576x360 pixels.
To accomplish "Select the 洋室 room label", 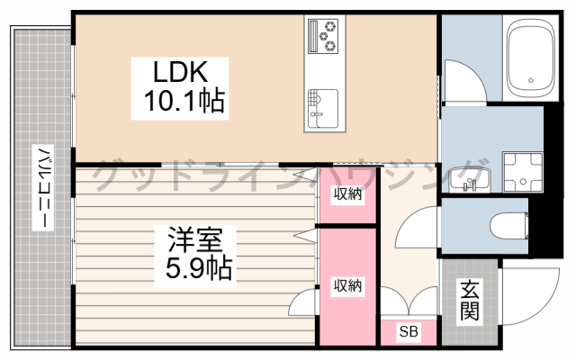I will pyautogui.click(x=195, y=239).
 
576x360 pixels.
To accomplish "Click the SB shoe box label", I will pyautogui.click(x=408, y=331).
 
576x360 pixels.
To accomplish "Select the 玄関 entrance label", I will pyautogui.click(x=469, y=301).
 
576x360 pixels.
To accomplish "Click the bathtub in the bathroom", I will pyautogui.click(x=531, y=61).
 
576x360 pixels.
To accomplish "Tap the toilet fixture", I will pyautogui.click(x=510, y=224).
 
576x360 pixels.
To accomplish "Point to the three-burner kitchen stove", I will pyautogui.click(x=324, y=36).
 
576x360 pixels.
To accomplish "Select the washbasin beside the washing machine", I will pyautogui.click(x=468, y=179).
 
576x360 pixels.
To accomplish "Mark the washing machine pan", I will pyautogui.click(x=524, y=171).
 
